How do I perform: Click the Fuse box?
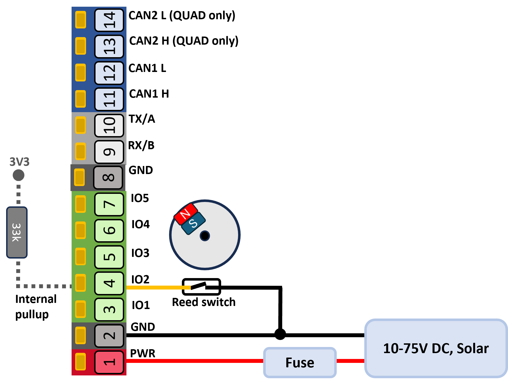click(300, 362)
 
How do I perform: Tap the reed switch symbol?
click(201, 287)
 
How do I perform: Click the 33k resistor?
click(17, 232)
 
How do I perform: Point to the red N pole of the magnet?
click(186, 214)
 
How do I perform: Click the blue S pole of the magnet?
click(193, 223)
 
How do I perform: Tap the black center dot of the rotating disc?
click(205, 236)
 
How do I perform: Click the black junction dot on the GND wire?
click(280, 334)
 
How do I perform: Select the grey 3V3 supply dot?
click(19, 175)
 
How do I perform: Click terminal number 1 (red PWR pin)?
click(109, 362)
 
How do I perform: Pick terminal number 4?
click(109, 283)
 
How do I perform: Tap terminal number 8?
click(108, 177)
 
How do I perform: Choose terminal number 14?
click(109, 20)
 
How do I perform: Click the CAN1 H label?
click(149, 94)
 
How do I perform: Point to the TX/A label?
click(142, 119)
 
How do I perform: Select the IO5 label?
click(140, 198)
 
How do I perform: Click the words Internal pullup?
click(36, 306)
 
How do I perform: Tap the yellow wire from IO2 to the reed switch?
click(159, 287)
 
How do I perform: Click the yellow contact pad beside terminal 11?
click(80, 99)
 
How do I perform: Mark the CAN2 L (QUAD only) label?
click(182, 16)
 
